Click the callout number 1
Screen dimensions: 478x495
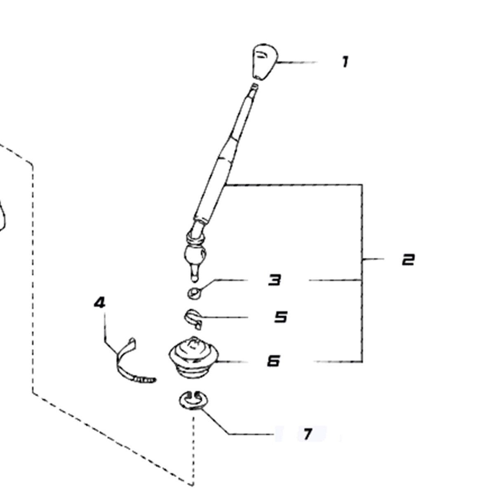[x=345, y=62]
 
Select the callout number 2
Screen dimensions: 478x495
[x=408, y=260]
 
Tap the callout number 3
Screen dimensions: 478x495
[x=275, y=280]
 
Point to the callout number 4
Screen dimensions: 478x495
[x=100, y=303]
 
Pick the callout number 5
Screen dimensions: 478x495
[x=281, y=317]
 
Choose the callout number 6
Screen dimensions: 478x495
[x=273, y=361]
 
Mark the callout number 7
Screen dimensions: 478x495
[x=307, y=434]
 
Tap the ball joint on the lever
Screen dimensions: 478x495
[x=195, y=255]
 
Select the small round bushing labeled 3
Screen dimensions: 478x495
[x=194, y=293]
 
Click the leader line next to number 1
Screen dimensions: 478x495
[x=297, y=62]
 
